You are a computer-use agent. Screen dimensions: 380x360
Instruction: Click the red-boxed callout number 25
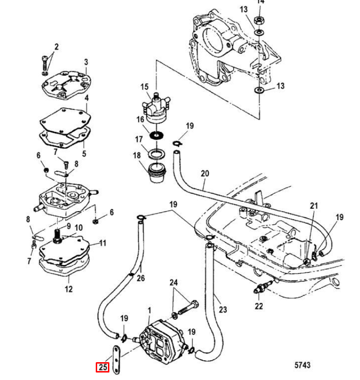pos(102,367)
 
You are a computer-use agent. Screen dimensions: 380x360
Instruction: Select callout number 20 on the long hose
pos(205,174)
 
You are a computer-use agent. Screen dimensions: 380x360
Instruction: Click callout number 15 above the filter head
pos(145,87)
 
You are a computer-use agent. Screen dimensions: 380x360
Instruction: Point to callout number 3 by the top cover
pos(86,62)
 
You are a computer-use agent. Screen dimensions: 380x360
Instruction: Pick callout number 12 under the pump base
pos(69,289)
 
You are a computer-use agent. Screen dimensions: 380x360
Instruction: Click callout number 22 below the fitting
pos(259,306)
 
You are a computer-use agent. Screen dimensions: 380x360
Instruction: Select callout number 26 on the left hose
pos(141,278)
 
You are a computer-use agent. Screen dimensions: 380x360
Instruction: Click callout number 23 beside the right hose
pos(223,310)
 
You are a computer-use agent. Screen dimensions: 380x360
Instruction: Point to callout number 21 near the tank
pos(314,205)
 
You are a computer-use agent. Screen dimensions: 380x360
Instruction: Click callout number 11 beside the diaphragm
pos(103,243)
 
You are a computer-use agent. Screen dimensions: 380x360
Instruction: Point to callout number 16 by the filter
pos(140,120)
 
